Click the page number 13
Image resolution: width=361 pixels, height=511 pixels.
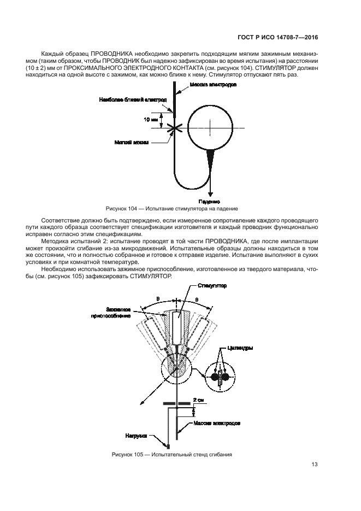pos(315,465)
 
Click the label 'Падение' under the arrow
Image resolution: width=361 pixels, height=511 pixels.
pos(210,201)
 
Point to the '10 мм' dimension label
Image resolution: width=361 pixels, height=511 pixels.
pos(151,118)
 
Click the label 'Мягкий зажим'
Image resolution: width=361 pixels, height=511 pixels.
pos(129,141)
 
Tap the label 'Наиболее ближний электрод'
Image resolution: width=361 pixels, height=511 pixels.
pos(126,99)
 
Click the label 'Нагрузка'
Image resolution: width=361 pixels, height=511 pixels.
pos(138,436)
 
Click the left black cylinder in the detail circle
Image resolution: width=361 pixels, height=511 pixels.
pos(213,377)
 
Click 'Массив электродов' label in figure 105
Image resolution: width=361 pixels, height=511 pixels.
pos(217,423)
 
